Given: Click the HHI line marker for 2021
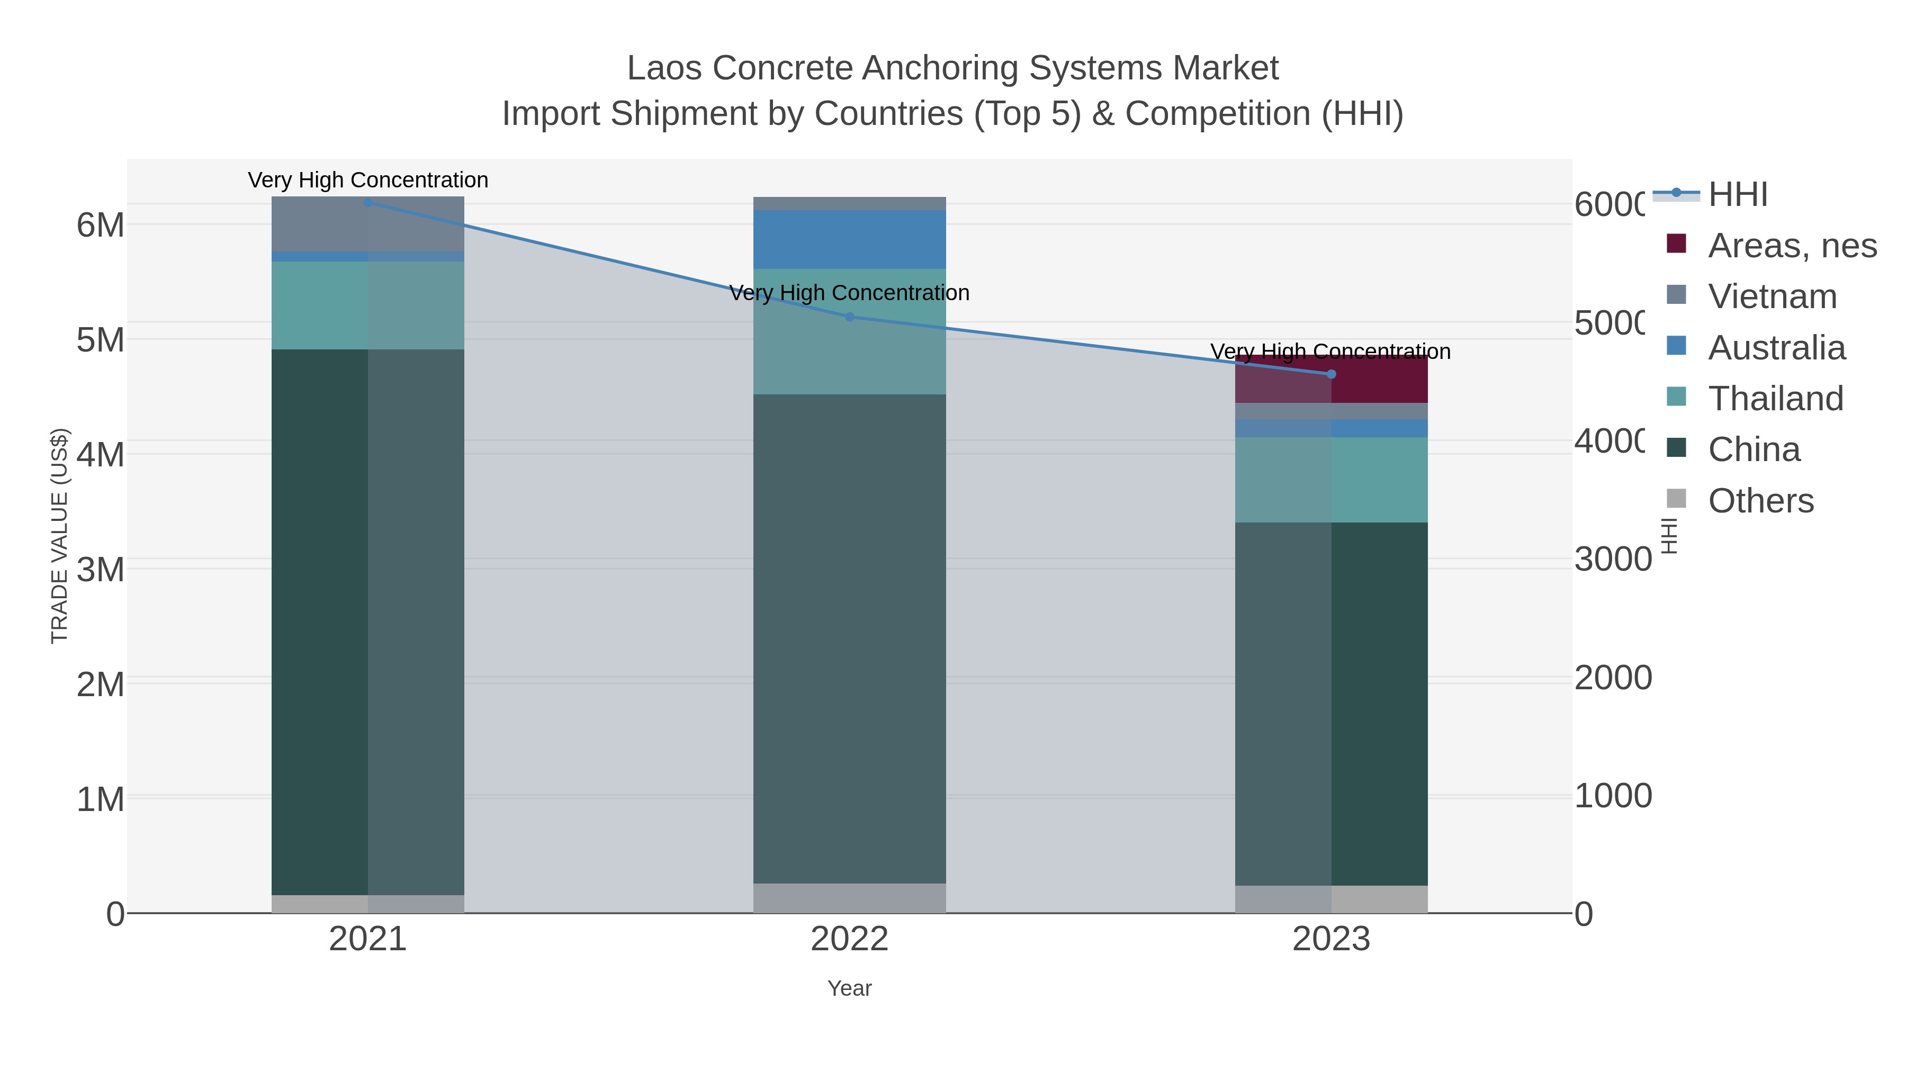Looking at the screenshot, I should [x=368, y=202].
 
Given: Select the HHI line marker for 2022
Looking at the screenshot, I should [x=849, y=317].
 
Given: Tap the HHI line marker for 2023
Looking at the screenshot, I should [x=1331, y=374].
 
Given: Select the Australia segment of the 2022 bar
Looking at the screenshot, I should [x=849, y=239].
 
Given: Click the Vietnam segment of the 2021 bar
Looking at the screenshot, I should [x=368, y=223].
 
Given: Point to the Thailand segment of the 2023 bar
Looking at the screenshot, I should [x=1331, y=480].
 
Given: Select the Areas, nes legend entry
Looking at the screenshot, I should [x=1791, y=245].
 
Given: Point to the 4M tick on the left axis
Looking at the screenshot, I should [x=101, y=454].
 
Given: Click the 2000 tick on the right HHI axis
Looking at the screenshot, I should [x=1612, y=678].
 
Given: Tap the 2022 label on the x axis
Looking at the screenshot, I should [x=849, y=939].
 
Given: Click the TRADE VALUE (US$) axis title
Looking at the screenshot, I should [x=59, y=536].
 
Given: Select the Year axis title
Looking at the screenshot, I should [x=849, y=988].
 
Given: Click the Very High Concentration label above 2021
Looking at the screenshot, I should [x=368, y=180].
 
